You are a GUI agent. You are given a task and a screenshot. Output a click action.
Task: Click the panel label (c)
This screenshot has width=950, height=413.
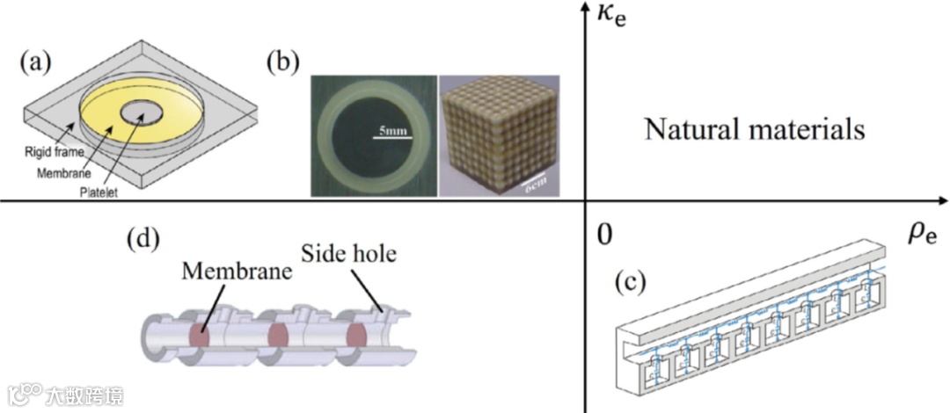pos(630,283)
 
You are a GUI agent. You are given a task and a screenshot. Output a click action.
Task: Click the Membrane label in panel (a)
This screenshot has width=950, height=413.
pos(64,172)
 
